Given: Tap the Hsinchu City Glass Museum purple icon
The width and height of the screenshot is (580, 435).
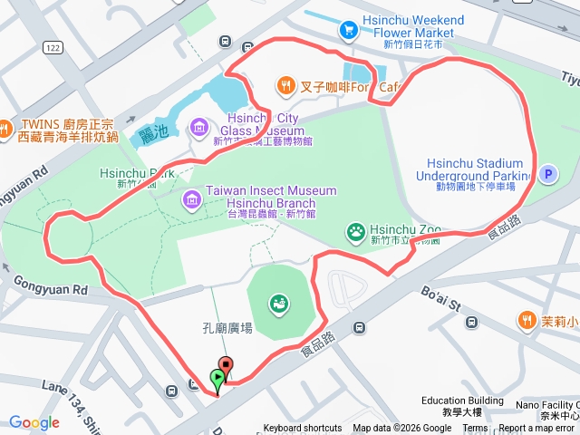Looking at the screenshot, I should click(x=200, y=129).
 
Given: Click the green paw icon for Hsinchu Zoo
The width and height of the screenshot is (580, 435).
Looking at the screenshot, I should click(x=356, y=234).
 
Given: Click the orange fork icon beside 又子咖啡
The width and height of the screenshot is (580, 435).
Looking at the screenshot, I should click(x=286, y=86).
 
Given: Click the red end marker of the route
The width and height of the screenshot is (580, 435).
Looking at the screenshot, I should click(x=226, y=367).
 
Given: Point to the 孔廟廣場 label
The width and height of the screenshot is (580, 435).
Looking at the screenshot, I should click(x=227, y=327).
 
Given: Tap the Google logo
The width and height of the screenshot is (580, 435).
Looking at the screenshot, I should click(x=34, y=422).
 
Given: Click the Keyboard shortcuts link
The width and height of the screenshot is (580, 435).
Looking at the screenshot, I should click(x=303, y=429).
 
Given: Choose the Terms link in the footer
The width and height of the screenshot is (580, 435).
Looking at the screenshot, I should click(x=475, y=429).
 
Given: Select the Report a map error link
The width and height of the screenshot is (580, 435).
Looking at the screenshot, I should click(x=536, y=429).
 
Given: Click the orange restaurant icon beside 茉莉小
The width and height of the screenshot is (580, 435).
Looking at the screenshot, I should click(x=527, y=320).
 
